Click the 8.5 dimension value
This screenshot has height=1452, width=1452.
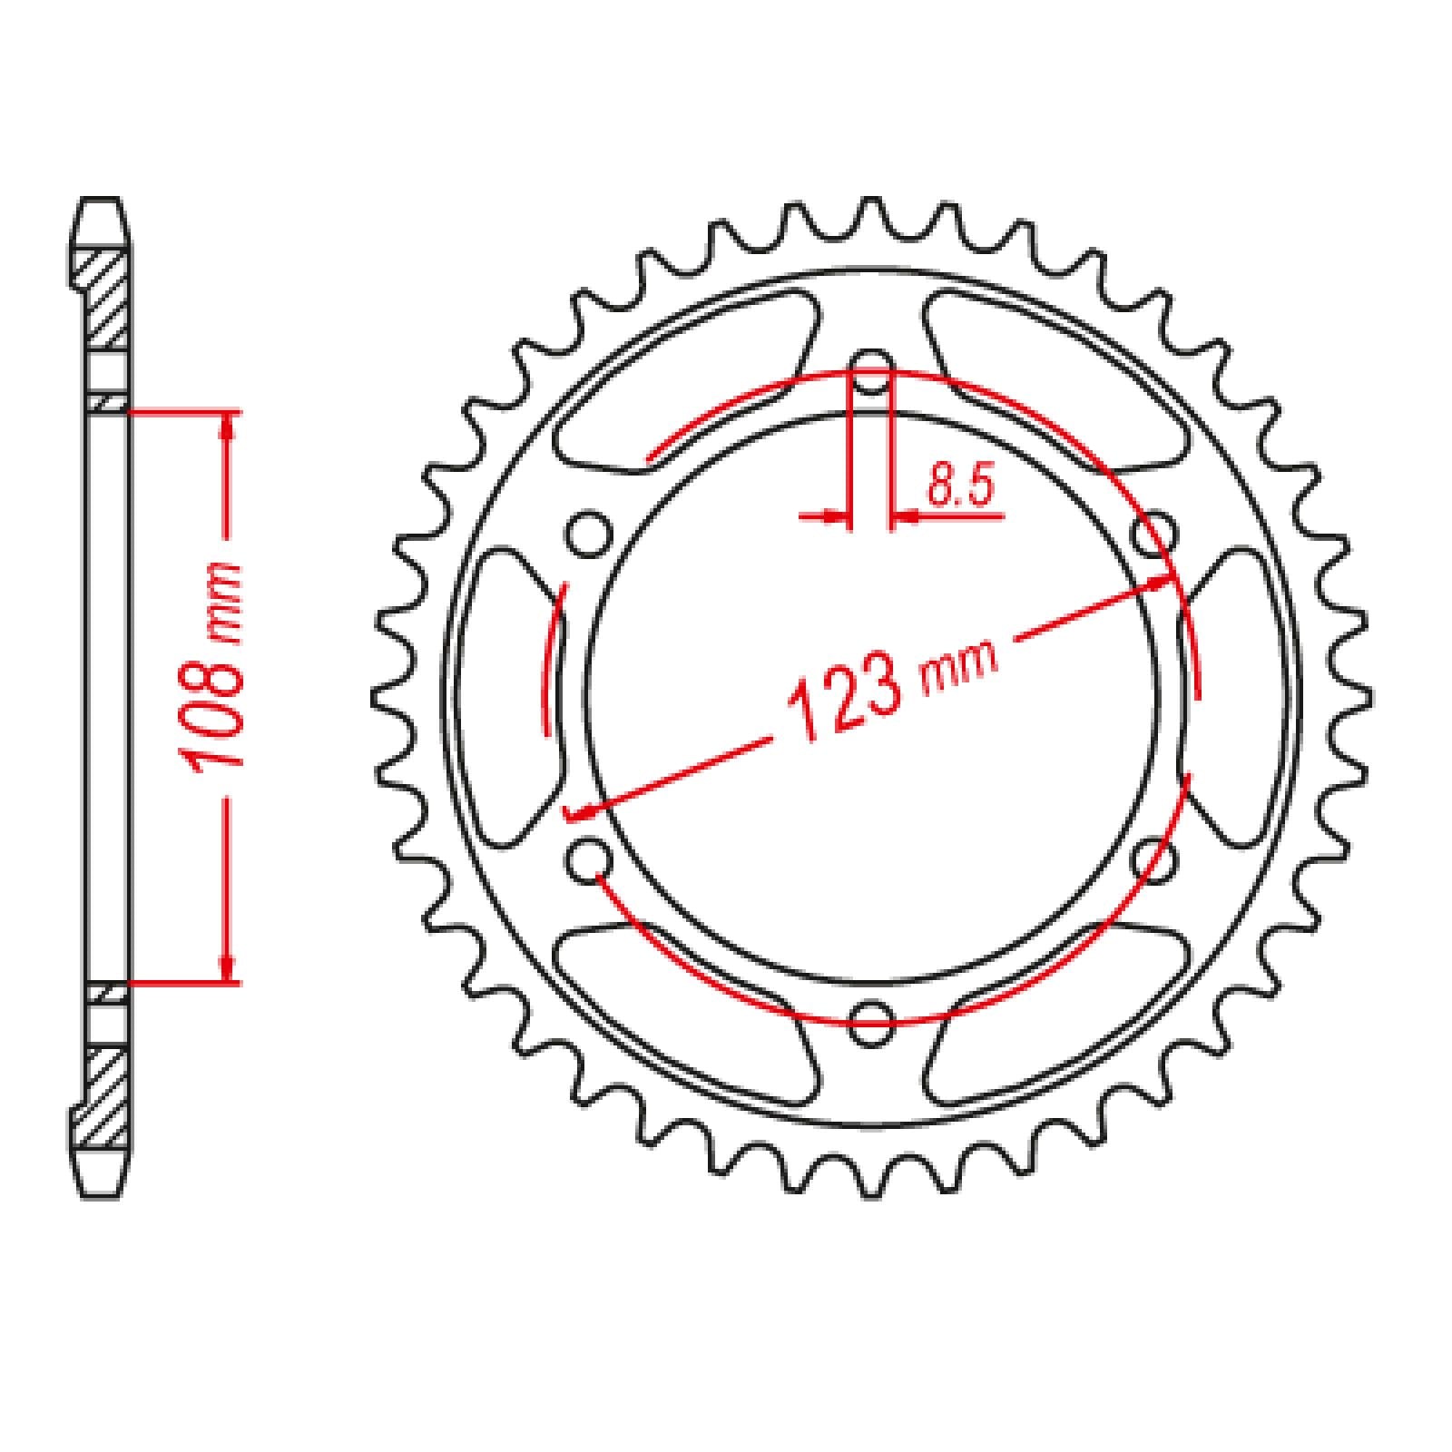[x=960, y=487]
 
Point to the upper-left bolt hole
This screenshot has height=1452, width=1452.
[x=588, y=534]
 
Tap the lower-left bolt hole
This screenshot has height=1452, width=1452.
[x=588, y=858]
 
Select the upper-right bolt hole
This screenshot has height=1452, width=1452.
[x=1154, y=534]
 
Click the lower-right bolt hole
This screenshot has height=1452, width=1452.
[x=1154, y=858]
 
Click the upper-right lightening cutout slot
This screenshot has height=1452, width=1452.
[x=1057, y=381]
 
